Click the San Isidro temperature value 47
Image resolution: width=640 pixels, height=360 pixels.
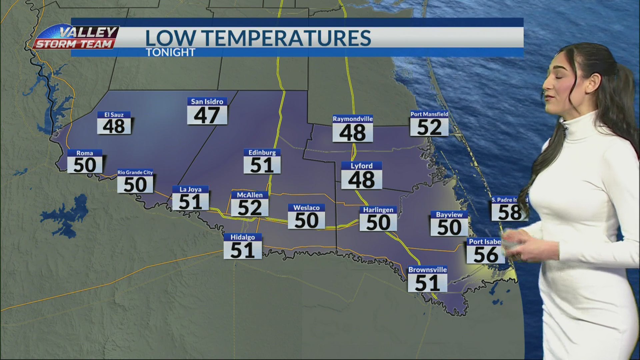click(207, 115)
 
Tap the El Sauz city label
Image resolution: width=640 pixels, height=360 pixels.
click(114, 115)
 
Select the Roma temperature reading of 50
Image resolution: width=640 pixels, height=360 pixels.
click(85, 165)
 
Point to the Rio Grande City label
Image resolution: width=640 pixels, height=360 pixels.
click(135, 172)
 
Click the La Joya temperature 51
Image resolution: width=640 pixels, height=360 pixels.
click(190, 202)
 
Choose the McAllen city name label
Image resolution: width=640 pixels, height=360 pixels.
click(250, 195)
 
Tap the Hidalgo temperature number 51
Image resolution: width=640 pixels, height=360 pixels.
click(242, 250)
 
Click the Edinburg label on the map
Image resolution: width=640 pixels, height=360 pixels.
click(262, 153)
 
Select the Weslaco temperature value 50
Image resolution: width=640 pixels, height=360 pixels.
click(306, 220)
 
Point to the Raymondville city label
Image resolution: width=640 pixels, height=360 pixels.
click(353, 119)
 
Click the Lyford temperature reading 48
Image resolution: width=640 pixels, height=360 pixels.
click(361, 180)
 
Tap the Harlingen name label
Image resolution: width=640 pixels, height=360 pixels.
click(378, 210)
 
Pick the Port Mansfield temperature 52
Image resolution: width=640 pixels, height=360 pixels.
click(429, 127)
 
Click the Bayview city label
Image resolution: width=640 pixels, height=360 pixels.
click(449, 215)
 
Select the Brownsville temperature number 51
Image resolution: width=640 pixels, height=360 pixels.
click(427, 283)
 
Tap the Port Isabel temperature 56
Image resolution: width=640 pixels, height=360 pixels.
click(486, 255)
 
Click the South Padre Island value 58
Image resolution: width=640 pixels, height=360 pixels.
click(509, 212)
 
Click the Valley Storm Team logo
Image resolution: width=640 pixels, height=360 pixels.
click(76, 37)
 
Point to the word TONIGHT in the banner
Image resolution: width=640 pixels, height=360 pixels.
click(170, 52)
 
